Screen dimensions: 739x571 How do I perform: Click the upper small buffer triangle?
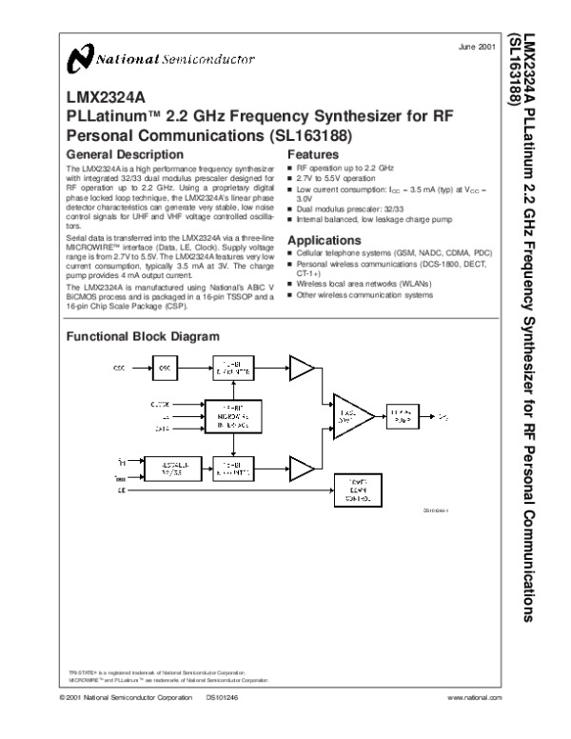pos(302,368)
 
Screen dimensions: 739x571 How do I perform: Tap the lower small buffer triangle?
pos(302,468)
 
